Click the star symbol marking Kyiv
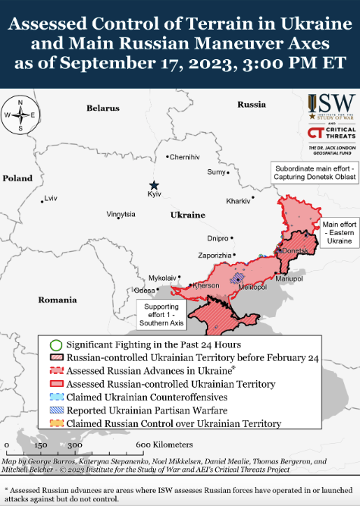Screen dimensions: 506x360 pyautogui.click(x=154, y=185)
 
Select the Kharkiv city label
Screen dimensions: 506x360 pyautogui.click(x=238, y=201)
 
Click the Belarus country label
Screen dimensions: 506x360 pyautogui.click(x=103, y=108)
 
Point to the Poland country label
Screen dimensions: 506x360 pyautogui.click(x=17, y=178)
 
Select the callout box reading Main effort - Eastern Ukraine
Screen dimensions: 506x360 pyautogui.click(x=339, y=233)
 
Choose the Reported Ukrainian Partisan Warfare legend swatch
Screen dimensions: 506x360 pyautogui.click(x=55, y=410)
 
